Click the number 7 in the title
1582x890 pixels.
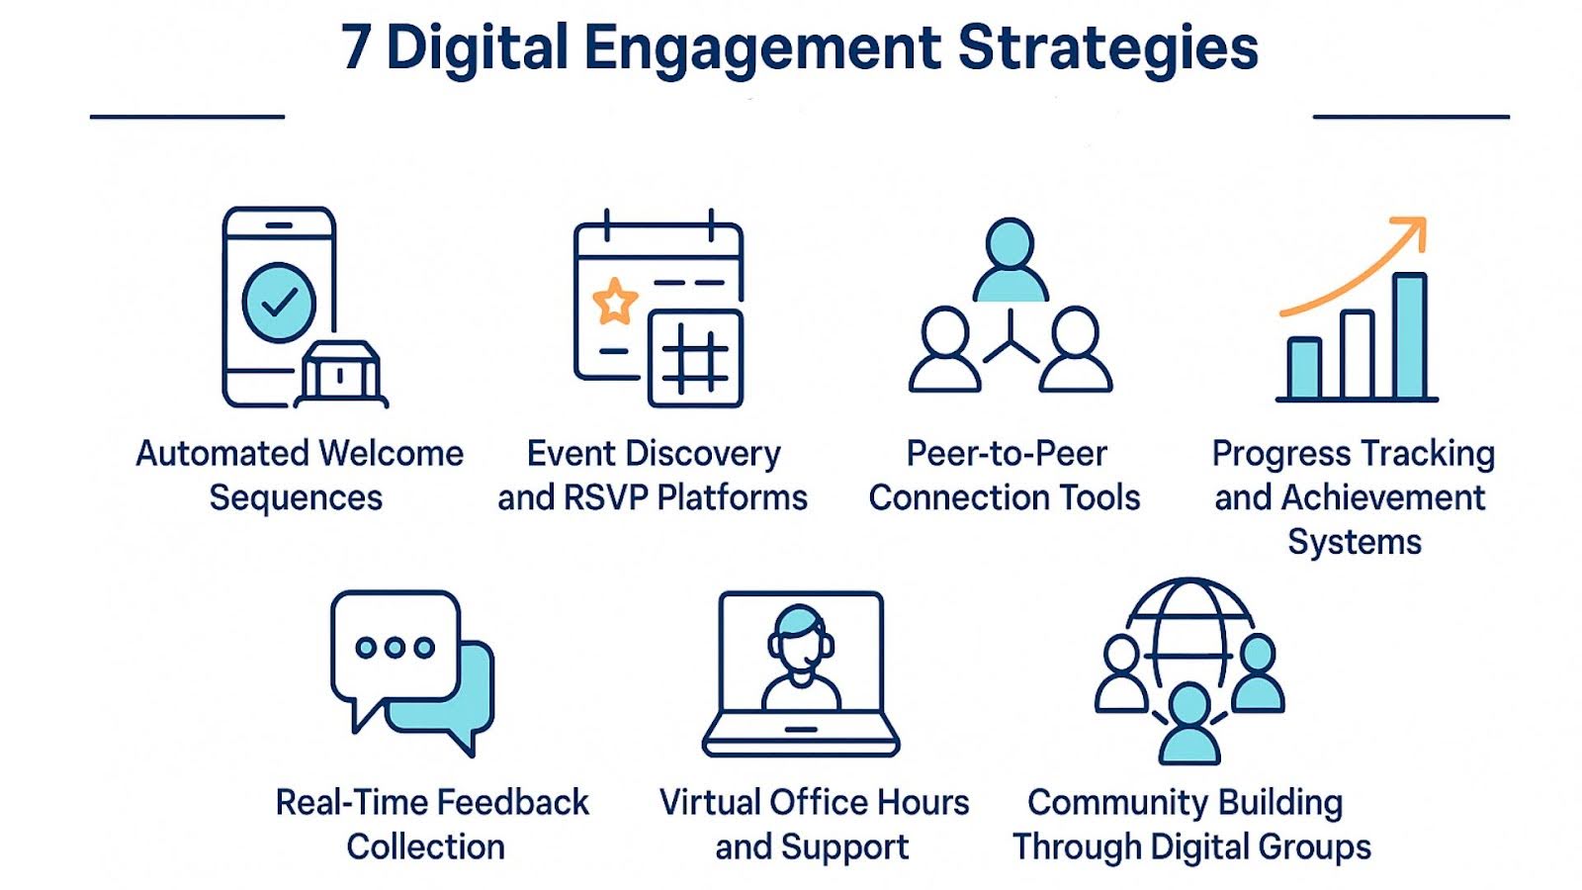click(357, 47)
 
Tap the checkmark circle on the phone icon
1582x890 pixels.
click(280, 303)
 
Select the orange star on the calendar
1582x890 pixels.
click(614, 301)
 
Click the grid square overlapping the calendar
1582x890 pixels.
click(695, 358)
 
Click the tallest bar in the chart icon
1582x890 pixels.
click(1409, 335)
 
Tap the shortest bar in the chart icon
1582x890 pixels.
click(1304, 368)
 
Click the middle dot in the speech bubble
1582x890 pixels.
click(395, 648)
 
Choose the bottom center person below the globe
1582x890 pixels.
click(1188, 726)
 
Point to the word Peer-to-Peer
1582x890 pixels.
click(1007, 454)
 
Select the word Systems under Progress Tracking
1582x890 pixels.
click(1354, 542)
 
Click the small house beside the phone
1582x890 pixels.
click(340, 374)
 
